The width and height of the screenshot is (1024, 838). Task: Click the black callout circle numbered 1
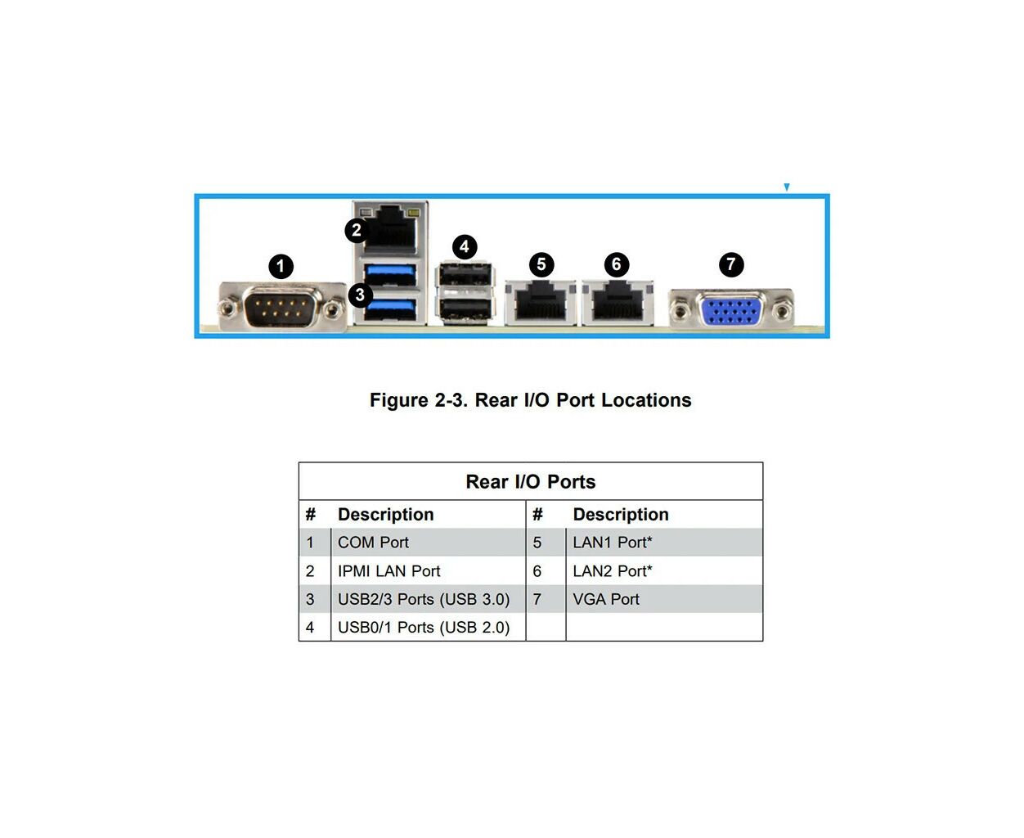(x=281, y=266)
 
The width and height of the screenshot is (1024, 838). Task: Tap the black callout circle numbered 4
(x=465, y=246)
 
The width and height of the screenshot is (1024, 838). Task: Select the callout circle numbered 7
(x=730, y=264)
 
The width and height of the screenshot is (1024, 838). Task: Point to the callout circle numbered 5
(x=541, y=264)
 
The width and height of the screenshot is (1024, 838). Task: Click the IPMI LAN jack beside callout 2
(x=390, y=229)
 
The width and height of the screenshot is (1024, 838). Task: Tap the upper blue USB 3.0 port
(x=390, y=274)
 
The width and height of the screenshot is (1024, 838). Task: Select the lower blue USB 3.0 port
(x=390, y=309)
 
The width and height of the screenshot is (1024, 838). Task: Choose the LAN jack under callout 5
(x=541, y=302)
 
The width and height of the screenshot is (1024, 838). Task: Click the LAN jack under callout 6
(x=618, y=302)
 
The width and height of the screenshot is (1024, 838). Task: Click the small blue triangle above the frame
(x=787, y=187)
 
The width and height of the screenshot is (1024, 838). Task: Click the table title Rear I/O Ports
(x=530, y=481)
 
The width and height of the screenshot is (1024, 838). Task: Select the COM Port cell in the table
(x=373, y=542)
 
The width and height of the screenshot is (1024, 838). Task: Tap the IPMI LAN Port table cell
(x=389, y=571)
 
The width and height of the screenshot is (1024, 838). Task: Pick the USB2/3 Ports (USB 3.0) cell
(x=424, y=600)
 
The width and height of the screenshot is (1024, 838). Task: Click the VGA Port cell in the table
(x=606, y=599)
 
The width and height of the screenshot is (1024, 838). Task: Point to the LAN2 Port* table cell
(x=613, y=571)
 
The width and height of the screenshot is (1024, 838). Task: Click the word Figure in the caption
(x=399, y=400)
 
